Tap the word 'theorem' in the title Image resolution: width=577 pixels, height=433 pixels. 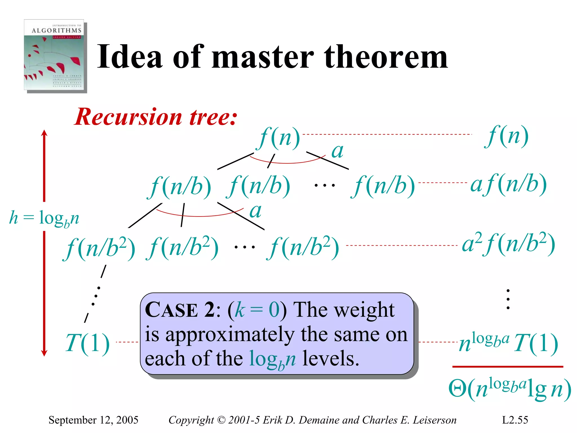pos(386,57)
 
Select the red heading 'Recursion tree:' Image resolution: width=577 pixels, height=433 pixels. pos(156,117)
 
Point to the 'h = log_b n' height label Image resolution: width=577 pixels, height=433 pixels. pos(44,218)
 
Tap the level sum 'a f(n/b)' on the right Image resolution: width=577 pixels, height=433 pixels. pos(509,184)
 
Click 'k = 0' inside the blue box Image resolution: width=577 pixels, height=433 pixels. pos(257,310)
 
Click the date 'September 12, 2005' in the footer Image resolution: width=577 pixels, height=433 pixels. pos(93,420)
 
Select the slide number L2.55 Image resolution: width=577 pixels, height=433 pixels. pos(515,420)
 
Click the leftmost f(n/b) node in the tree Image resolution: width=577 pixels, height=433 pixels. pos(179,186)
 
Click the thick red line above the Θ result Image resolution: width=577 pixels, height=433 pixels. pos(507,366)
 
